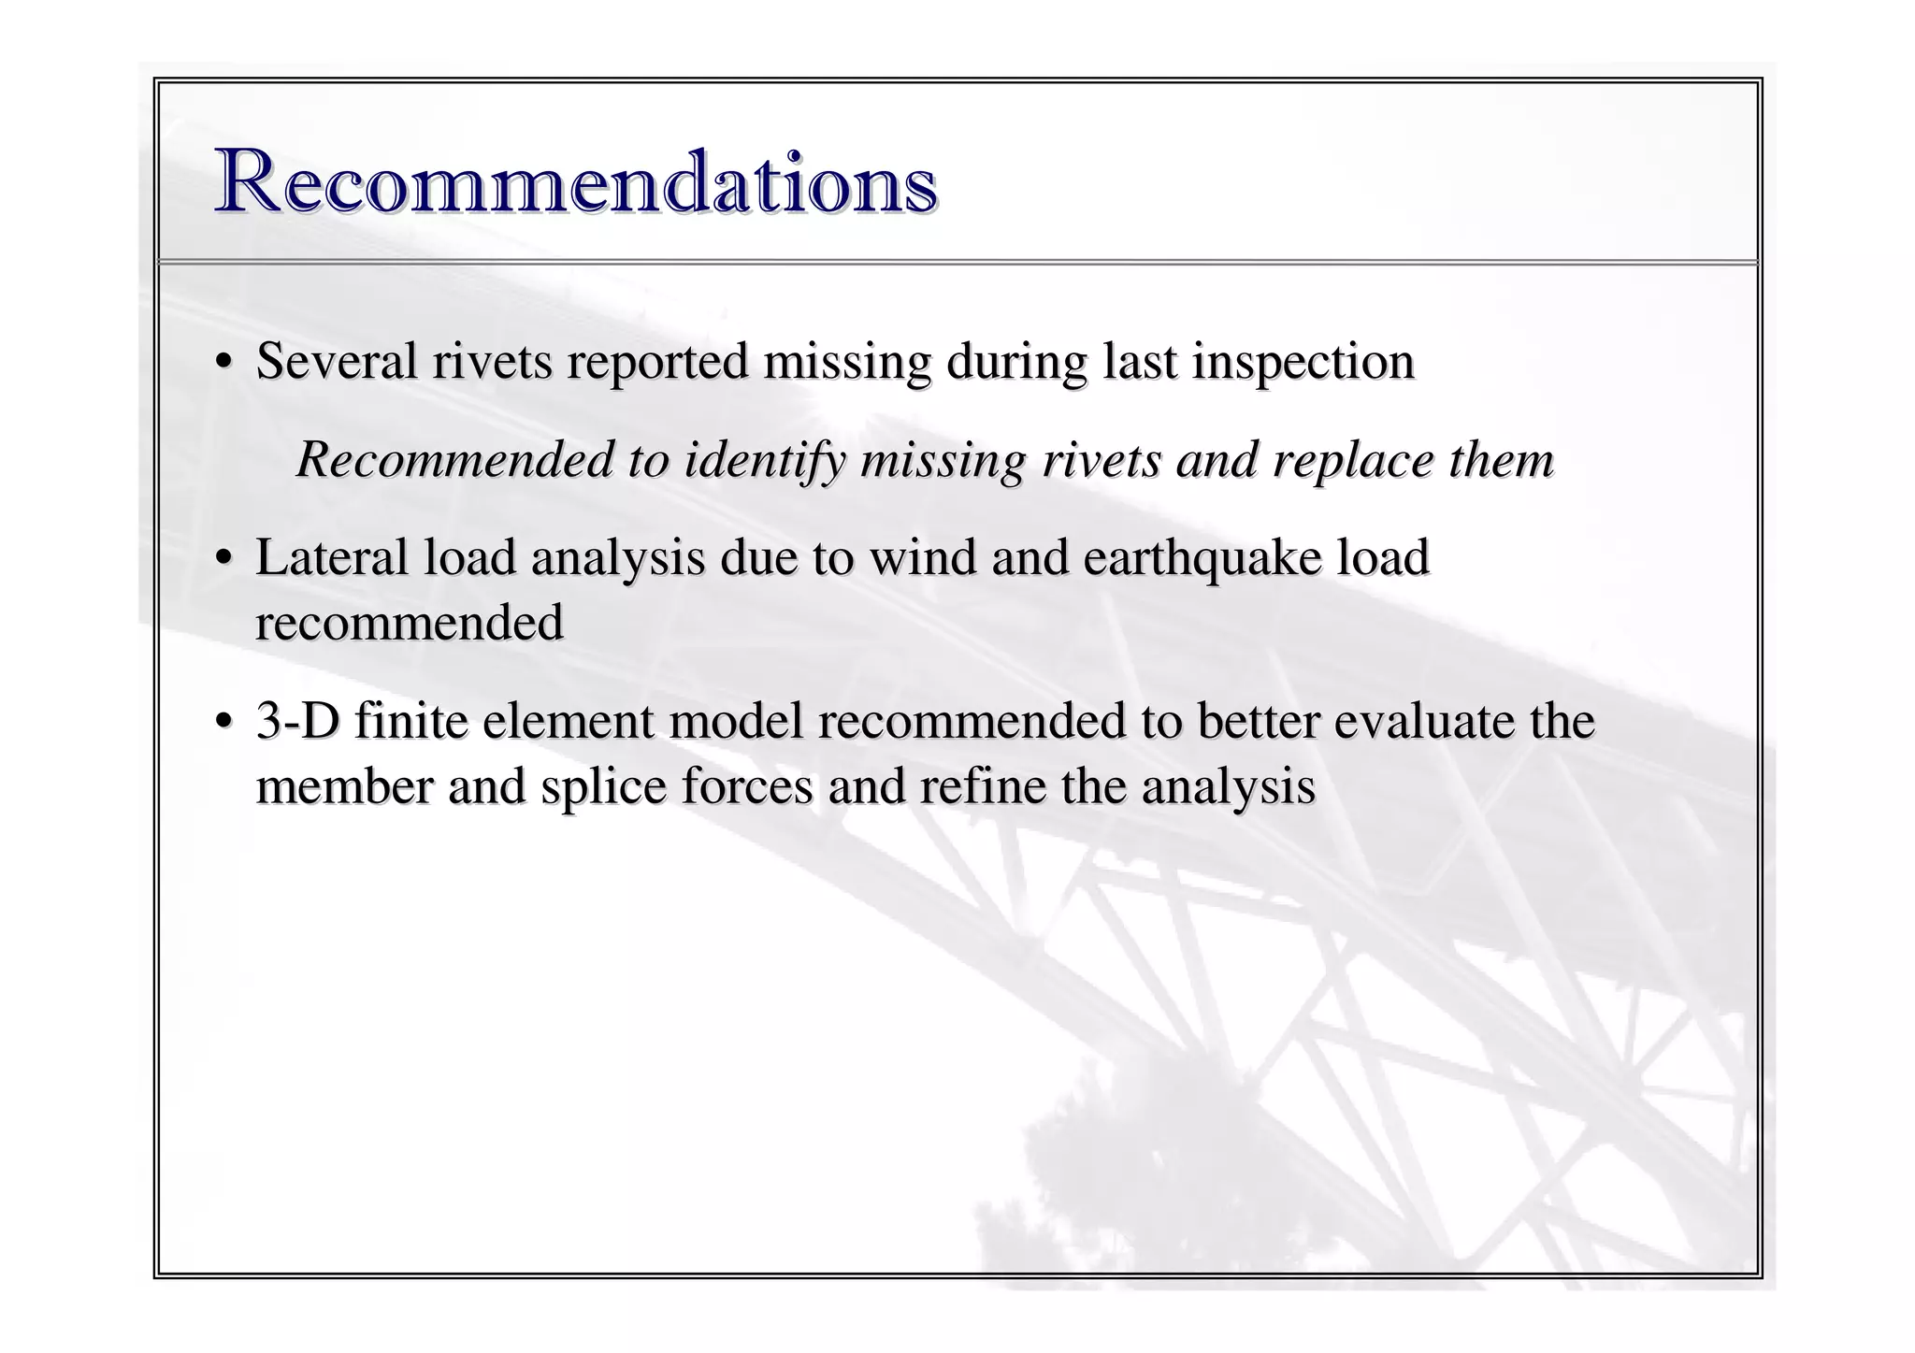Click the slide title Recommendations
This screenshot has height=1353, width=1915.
(576, 182)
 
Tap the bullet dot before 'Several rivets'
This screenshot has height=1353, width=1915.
(223, 363)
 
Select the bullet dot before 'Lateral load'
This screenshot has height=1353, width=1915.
(223, 559)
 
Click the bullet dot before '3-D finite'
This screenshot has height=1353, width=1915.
(223, 723)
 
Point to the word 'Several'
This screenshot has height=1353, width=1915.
(337, 362)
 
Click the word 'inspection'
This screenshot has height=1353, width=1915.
(1303, 364)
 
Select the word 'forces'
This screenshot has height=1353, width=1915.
(747, 787)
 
